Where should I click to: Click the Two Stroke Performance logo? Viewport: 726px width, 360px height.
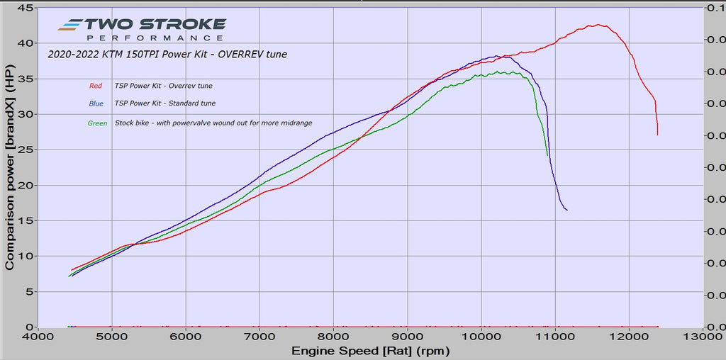coord(142,29)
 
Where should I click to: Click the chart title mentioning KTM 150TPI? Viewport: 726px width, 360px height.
coord(167,55)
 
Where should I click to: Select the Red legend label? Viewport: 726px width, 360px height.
coord(96,86)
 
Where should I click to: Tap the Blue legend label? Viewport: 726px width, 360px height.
coord(96,103)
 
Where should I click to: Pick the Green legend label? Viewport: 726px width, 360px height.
coord(97,123)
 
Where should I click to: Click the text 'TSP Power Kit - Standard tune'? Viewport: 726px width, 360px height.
coord(164,103)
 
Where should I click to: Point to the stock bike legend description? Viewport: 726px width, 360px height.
coord(213,123)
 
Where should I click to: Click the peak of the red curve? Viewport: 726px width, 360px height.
coord(599,25)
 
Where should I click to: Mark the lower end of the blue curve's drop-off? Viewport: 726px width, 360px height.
coord(566,210)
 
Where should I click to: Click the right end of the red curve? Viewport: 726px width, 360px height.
coord(657,135)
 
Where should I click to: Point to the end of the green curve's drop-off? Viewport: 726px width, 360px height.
coord(547,155)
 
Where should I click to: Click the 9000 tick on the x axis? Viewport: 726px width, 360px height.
coord(407,336)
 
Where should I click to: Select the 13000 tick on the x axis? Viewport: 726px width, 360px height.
coord(703,336)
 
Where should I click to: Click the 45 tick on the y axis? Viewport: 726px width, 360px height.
coord(26,8)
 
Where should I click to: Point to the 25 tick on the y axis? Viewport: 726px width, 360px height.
coord(26,150)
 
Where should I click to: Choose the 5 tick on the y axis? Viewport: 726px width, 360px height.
coord(29,291)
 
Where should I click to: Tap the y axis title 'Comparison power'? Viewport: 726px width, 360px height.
coord(9,173)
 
